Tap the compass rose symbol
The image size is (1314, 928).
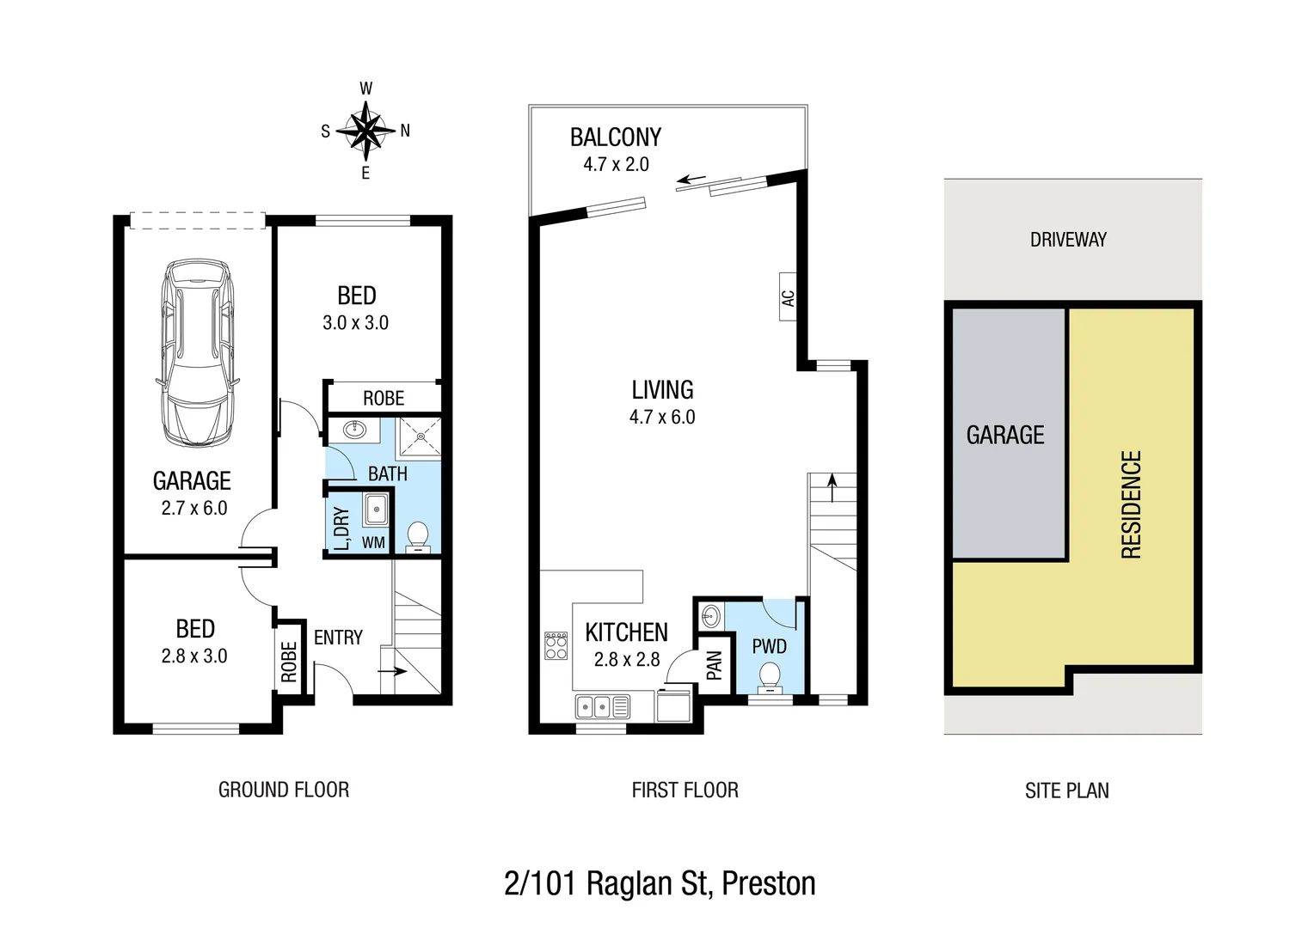pyautogui.click(x=365, y=131)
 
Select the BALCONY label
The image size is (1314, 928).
pyautogui.click(x=616, y=137)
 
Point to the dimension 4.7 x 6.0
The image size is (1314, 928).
pyautogui.click(x=661, y=418)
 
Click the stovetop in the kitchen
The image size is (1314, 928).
pyautogui.click(x=556, y=645)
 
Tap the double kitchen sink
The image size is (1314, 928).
pyautogui.click(x=603, y=706)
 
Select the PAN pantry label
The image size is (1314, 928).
pyautogui.click(x=714, y=665)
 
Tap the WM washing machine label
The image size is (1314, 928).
pyautogui.click(x=373, y=542)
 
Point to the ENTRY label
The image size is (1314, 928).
pyautogui.click(x=338, y=638)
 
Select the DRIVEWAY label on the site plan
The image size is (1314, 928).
pyautogui.click(x=1068, y=240)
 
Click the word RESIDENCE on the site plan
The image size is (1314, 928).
pyautogui.click(x=1131, y=504)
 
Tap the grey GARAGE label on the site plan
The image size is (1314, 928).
pyautogui.click(x=1005, y=436)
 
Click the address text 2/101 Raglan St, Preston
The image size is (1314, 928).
pyautogui.click(x=660, y=883)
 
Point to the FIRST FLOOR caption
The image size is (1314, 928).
pyautogui.click(x=685, y=791)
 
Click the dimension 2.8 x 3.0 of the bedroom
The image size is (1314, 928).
pyautogui.click(x=194, y=656)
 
